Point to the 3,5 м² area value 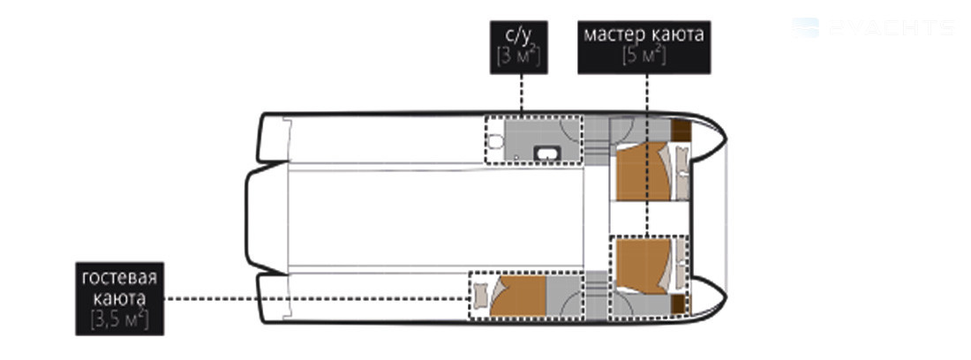[119, 319]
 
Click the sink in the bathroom [549, 154]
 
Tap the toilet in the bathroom [496, 141]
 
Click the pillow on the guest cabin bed [480, 296]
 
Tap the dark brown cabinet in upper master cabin [681, 130]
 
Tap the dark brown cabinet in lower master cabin [680, 304]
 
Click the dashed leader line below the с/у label [521, 93]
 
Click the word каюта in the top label [678, 36]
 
